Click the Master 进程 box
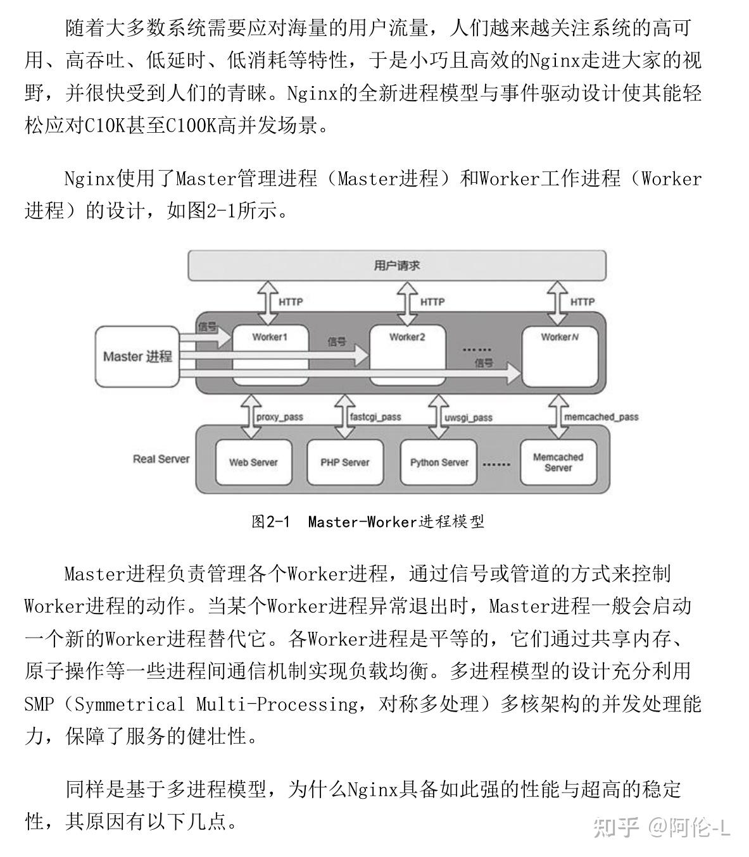point(137,357)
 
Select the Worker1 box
point(270,355)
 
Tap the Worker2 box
point(407,355)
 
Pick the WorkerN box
point(560,357)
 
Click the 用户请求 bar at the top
point(397,266)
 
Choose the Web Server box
point(254,462)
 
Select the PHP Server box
point(345,462)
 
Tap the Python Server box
point(439,462)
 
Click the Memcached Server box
point(558,462)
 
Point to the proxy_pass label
point(280,417)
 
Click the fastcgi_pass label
point(375,417)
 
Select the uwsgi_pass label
point(468,417)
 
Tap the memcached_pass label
point(601,417)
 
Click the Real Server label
point(161,459)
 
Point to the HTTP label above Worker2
point(432,302)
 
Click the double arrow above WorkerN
point(557,303)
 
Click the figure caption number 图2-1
point(270,522)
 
